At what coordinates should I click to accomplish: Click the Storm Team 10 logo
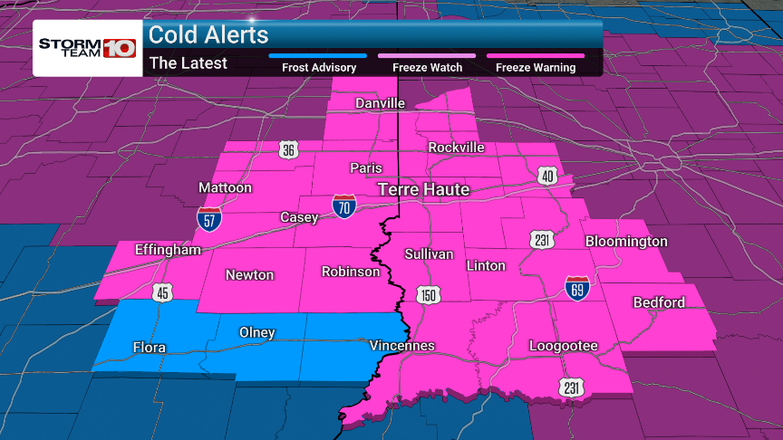87,48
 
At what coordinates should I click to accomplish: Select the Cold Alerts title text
208,34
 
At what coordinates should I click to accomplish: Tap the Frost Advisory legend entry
317,67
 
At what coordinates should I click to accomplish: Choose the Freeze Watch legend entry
427,67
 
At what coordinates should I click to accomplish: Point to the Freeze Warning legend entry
535,67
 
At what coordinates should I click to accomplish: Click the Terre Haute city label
423,189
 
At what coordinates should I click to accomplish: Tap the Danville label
380,103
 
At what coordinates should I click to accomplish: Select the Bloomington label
626,242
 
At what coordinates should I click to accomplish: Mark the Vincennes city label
402,346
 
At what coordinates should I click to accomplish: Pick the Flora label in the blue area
149,348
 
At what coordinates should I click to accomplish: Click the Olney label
256,332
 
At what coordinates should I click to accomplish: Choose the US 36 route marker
288,150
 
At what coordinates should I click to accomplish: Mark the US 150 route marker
426,295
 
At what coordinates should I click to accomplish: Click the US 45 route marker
163,292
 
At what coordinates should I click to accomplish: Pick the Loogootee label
564,346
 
